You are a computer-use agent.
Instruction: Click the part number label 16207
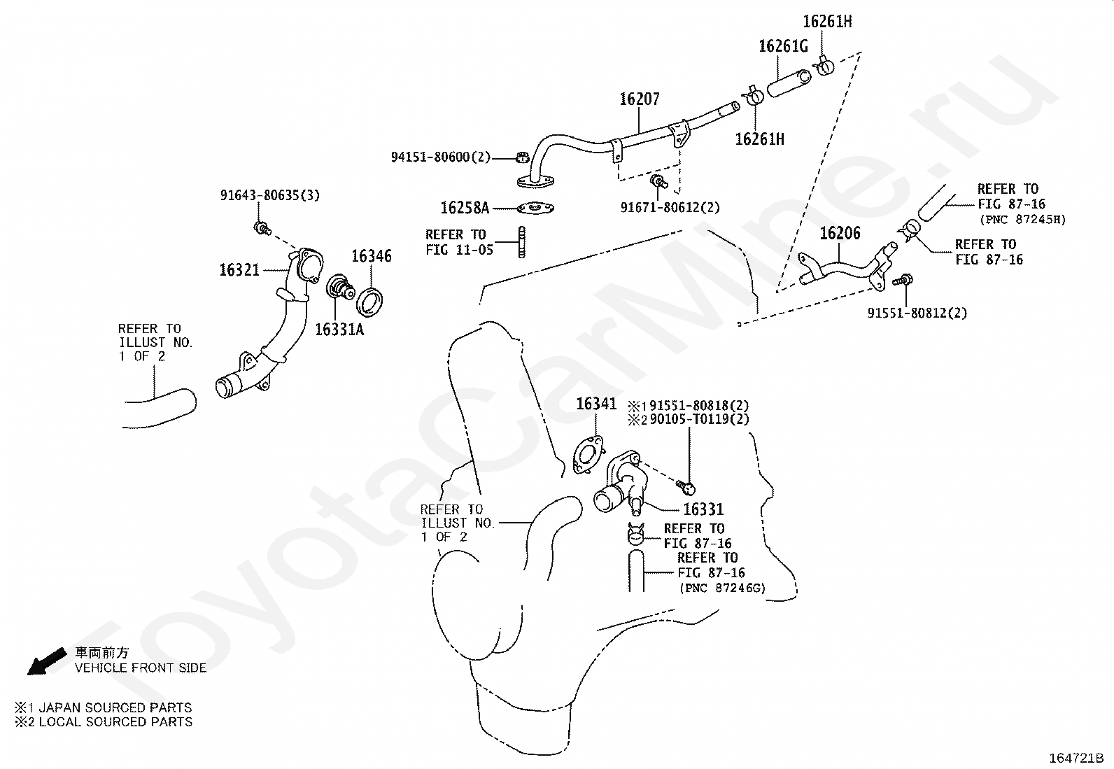point(640,99)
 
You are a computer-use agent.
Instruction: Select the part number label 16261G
point(783,46)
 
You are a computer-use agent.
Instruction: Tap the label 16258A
point(465,207)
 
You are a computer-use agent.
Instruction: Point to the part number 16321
point(240,270)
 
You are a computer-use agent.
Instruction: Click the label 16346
point(372,256)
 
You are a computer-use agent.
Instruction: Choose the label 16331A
point(339,330)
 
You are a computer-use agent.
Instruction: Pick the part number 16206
point(840,233)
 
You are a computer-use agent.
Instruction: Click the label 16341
point(596,404)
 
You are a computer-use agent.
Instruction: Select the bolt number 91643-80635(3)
point(270,195)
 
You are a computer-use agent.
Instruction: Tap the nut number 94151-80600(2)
point(441,157)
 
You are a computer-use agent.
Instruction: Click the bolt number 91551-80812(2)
point(917,313)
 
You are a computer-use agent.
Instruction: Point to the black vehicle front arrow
point(46,661)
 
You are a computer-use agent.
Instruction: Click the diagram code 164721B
point(1076,758)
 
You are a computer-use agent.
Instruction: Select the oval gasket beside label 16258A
point(535,208)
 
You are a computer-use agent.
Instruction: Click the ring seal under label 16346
point(369,302)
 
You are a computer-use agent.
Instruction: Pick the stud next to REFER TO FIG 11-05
point(522,242)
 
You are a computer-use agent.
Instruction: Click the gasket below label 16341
point(588,455)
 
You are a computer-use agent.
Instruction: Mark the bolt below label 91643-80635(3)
point(262,229)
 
